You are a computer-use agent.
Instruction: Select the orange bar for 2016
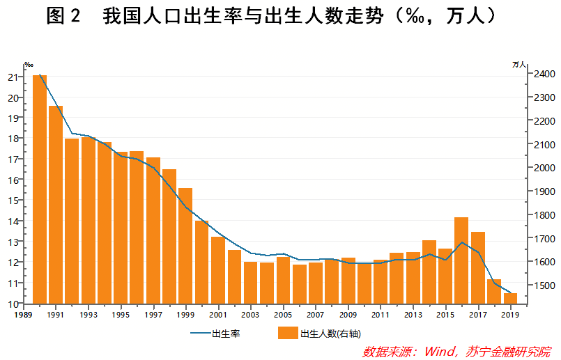(x=461, y=260)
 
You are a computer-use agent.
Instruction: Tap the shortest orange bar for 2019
(x=510, y=299)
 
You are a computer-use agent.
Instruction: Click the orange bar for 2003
(x=250, y=283)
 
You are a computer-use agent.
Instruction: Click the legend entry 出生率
(x=226, y=334)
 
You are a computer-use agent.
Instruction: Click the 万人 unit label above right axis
(x=519, y=64)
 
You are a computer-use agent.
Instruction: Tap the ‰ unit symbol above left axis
(x=29, y=64)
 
